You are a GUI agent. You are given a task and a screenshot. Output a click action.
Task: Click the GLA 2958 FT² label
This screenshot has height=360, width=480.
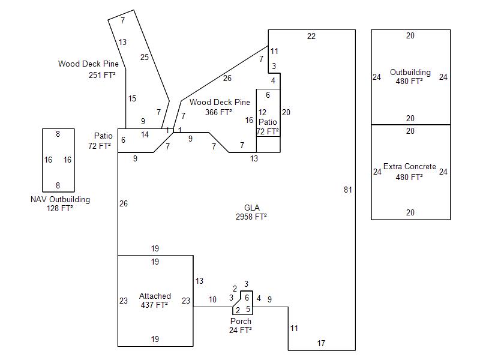tap(251, 212)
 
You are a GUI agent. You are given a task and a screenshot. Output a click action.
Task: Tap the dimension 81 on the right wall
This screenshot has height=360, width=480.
tap(348, 190)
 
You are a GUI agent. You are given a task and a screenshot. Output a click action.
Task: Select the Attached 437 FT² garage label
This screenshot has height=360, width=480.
tap(155, 301)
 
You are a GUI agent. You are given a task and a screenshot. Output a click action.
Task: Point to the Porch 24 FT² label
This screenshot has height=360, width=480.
tap(241, 325)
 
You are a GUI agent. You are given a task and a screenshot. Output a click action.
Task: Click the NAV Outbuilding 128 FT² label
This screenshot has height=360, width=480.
tap(60, 204)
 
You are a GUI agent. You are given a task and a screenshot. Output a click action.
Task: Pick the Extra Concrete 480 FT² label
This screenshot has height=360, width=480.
tap(410, 172)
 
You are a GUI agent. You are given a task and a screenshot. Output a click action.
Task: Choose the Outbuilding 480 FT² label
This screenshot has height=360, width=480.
tap(410, 77)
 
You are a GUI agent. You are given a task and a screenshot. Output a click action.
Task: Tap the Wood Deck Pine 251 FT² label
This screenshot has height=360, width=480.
tap(88, 70)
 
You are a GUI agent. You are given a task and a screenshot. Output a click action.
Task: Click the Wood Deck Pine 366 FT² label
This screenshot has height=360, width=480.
tap(220, 107)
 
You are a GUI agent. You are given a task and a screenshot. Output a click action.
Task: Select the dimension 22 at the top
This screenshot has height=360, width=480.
tap(311, 36)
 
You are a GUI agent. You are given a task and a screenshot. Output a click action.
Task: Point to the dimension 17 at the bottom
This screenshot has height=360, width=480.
tap(321, 343)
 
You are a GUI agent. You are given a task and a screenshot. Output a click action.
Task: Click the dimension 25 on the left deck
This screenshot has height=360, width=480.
tap(144, 57)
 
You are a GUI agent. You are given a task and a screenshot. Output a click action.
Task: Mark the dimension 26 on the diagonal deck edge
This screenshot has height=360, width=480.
tap(227, 78)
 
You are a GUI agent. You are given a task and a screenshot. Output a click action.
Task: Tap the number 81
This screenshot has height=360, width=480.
tap(348, 190)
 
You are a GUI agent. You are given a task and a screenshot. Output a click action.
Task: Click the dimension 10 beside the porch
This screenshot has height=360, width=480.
tap(212, 299)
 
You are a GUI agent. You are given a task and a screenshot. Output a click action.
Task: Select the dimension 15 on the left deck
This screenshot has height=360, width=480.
tap(132, 98)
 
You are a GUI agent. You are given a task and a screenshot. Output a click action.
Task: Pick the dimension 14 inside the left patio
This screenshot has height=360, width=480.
tap(145, 134)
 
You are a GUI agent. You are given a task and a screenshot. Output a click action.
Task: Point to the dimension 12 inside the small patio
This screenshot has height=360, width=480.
tap(262, 112)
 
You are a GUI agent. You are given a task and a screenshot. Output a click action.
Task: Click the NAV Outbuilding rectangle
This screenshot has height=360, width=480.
tap(58, 160)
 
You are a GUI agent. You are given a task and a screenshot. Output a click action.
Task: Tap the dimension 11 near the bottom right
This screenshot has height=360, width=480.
tap(294, 328)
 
